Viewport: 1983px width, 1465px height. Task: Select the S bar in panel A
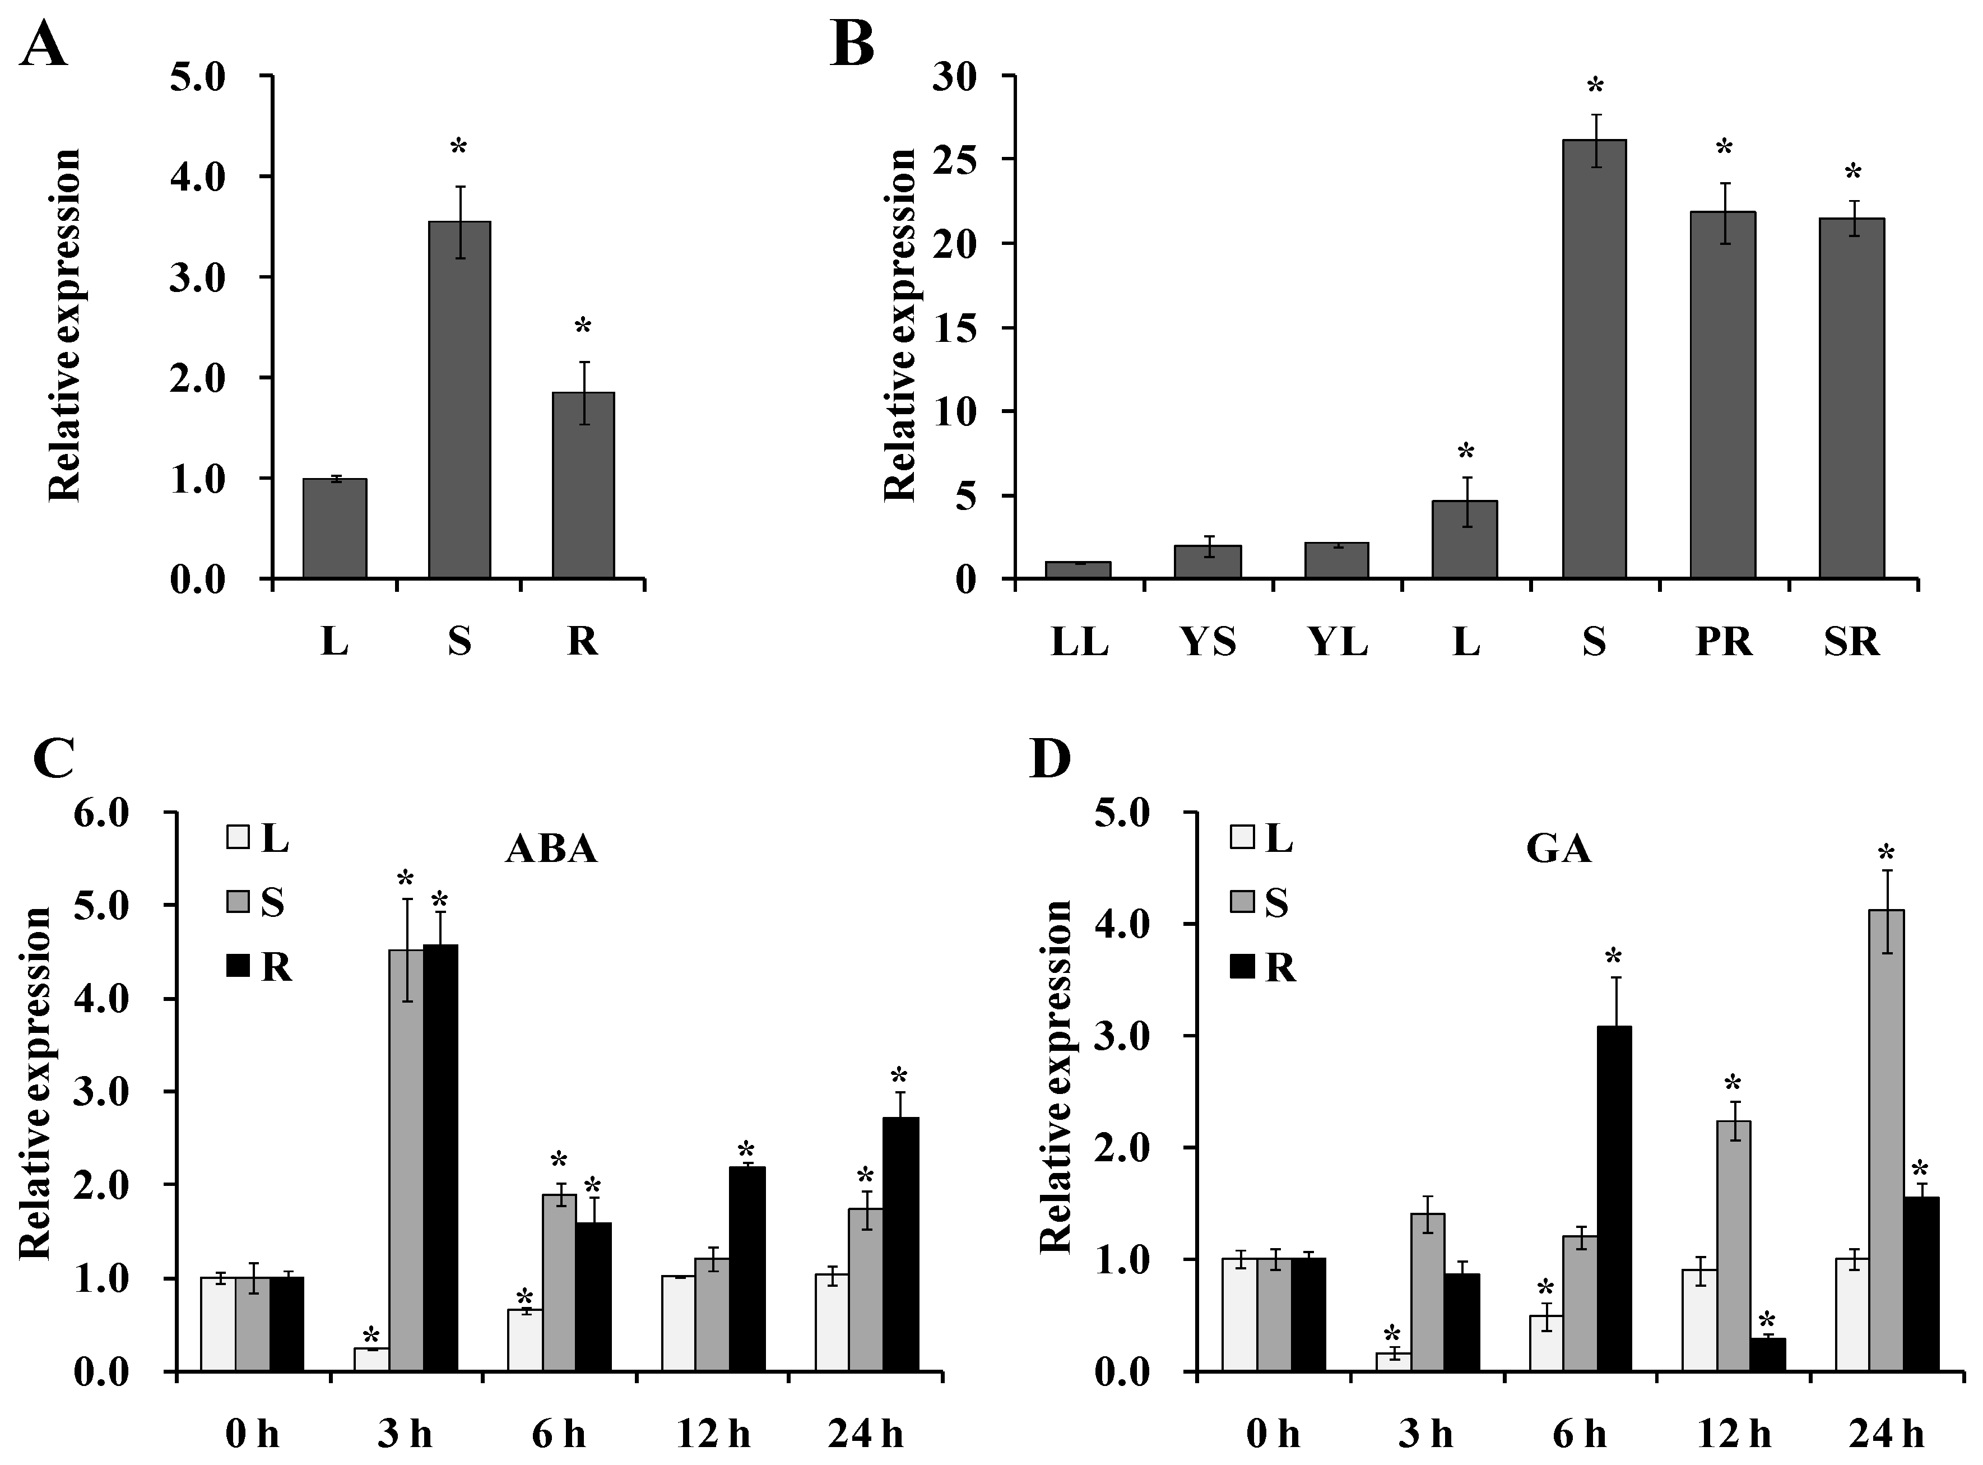459,399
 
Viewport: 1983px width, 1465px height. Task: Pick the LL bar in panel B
1078,570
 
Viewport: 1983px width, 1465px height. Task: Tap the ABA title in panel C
551,850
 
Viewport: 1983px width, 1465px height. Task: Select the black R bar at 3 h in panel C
440,1157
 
